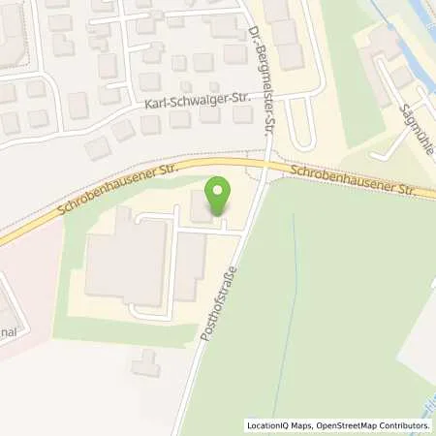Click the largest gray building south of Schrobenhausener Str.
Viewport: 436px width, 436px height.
tap(121, 257)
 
